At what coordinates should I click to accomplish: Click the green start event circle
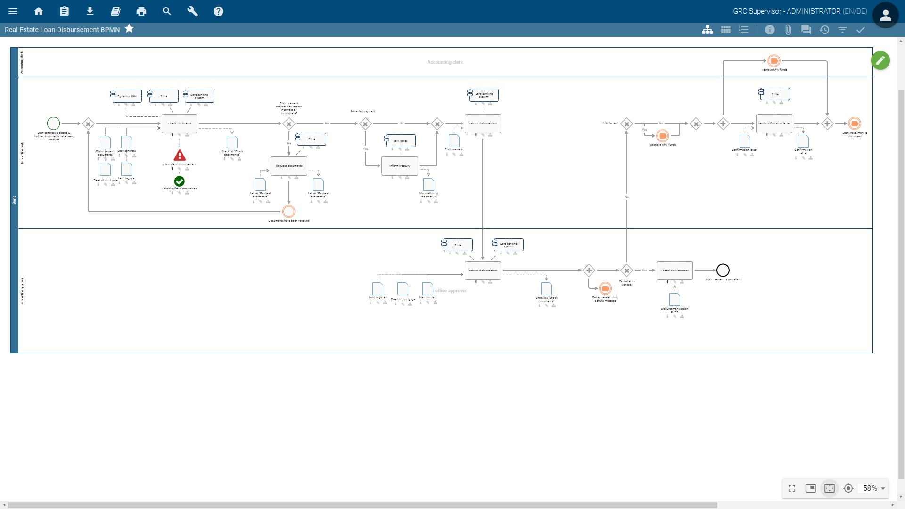click(x=54, y=123)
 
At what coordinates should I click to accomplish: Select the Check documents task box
click(x=180, y=123)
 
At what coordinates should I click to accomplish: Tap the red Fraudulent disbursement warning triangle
click(x=180, y=155)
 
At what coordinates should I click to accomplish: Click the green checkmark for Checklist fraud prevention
click(x=180, y=181)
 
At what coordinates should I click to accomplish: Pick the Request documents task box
click(x=289, y=166)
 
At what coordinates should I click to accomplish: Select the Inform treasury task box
click(x=400, y=166)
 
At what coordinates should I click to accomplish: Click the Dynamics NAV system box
click(x=127, y=96)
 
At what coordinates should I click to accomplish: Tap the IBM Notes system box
click(x=401, y=140)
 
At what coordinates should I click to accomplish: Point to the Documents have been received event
click(x=289, y=211)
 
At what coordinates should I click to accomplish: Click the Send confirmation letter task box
click(x=774, y=123)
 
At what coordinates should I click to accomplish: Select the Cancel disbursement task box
click(x=675, y=271)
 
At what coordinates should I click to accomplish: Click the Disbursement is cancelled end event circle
click(x=723, y=270)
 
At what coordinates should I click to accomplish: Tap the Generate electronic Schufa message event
click(x=605, y=288)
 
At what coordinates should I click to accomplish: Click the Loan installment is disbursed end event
click(x=855, y=123)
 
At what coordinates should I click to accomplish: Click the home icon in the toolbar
click(x=39, y=11)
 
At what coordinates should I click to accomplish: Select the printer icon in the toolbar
click(x=141, y=11)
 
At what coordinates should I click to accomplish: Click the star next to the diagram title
click(x=129, y=29)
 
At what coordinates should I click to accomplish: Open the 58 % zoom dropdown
click(x=874, y=488)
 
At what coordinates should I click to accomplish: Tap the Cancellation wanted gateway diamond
click(x=626, y=271)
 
